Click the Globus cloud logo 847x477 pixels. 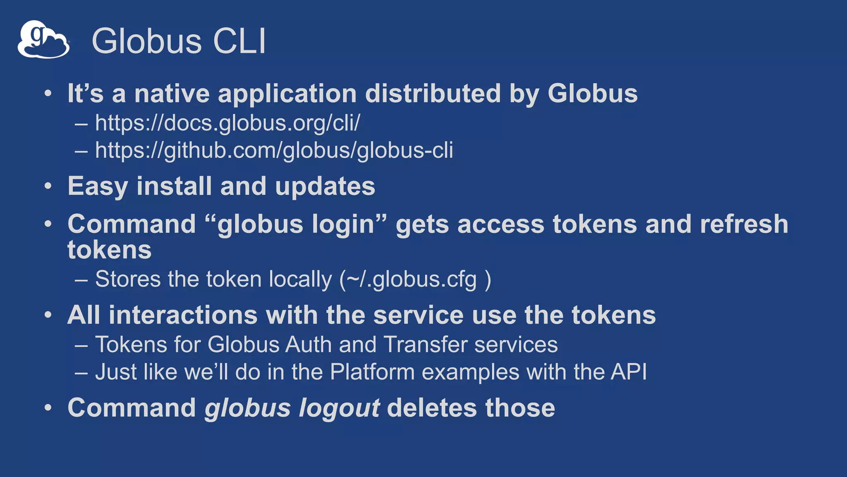[x=43, y=40]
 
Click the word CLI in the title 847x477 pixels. [x=239, y=41]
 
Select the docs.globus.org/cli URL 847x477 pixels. [x=227, y=123]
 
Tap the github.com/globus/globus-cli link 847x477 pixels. [x=274, y=150]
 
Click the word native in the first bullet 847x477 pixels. [x=172, y=94]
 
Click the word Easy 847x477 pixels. [x=98, y=186]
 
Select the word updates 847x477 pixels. [x=325, y=186]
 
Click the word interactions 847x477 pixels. [x=183, y=315]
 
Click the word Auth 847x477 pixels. [x=309, y=344]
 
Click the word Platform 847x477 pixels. [x=372, y=372]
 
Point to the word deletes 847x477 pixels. [x=432, y=408]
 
